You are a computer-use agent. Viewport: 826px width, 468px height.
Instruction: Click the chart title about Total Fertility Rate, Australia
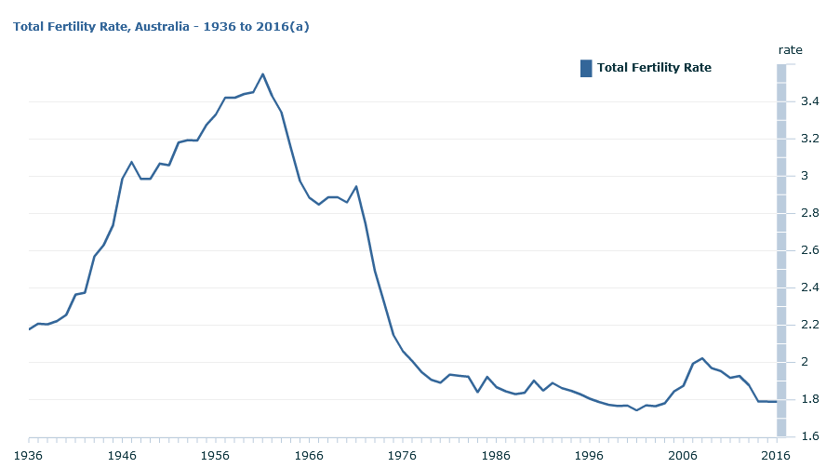pos(161,27)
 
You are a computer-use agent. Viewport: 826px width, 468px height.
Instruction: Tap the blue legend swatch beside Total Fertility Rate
pos(586,68)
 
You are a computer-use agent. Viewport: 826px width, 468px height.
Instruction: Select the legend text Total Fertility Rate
pos(654,68)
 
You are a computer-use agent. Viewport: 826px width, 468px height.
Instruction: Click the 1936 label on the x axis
pos(29,456)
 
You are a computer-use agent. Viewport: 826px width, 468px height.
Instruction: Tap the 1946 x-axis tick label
pos(122,456)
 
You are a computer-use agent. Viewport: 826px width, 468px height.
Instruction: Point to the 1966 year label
pos(309,456)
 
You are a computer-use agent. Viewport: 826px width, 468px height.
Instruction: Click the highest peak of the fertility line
pos(262,74)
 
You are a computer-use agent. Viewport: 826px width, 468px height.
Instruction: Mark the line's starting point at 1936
pos(30,329)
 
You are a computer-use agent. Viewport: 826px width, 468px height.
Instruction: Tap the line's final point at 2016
pos(776,402)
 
